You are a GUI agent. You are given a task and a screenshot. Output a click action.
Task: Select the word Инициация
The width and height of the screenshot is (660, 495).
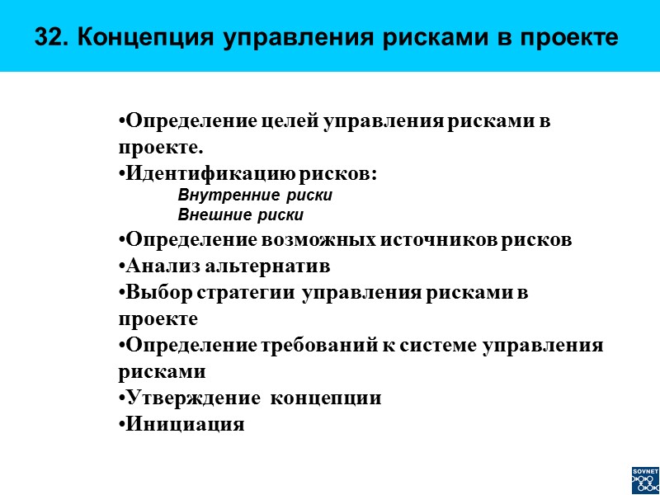pos(184,425)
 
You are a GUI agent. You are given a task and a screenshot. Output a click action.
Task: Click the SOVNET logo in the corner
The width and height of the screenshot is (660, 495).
pos(645,479)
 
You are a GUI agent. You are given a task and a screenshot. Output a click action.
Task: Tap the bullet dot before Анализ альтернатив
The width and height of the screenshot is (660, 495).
pos(121,266)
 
